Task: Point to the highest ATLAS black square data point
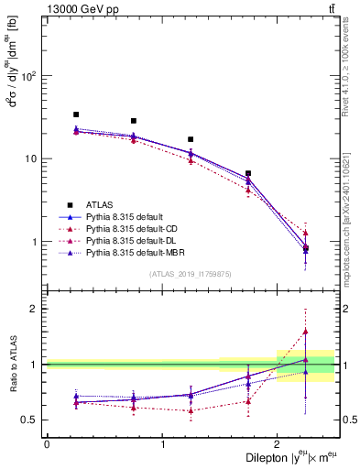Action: coord(76,115)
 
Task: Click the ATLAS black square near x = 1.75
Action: coord(248,173)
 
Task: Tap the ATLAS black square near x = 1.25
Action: coord(191,139)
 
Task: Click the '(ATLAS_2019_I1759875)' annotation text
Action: coord(191,274)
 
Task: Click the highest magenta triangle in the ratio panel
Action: coord(306,332)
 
